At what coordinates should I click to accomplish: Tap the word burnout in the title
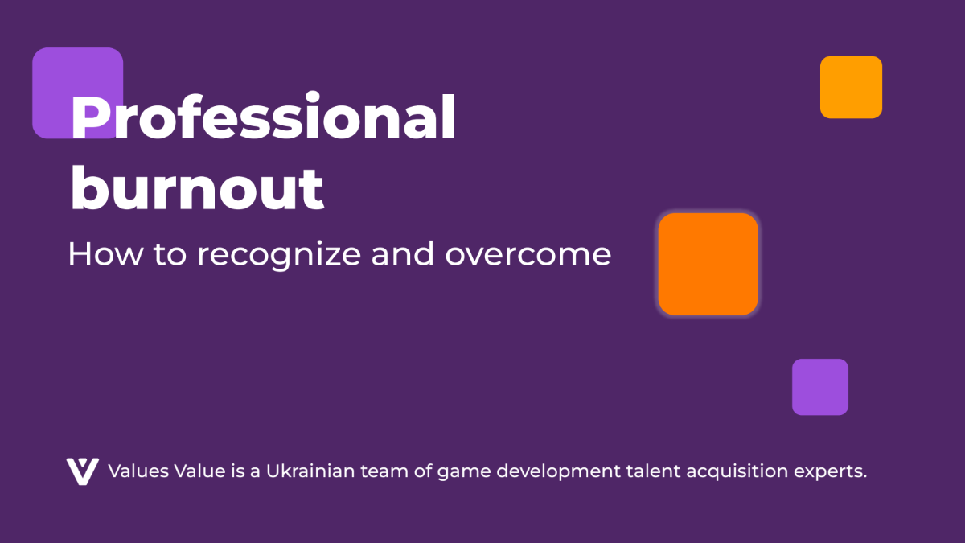pyautogui.click(x=197, y=188)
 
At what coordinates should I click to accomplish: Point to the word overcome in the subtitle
pyautogui.click(x=528, y=255)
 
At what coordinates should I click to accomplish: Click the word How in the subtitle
pyautogui.click(x=105, y=254)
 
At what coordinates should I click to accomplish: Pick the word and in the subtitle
pyautogui.click(x=402, y=253)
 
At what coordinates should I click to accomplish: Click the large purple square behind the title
pyautogui.click(x=77, y=93)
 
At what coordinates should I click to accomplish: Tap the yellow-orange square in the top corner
pyautogui.click(x=851, y=87)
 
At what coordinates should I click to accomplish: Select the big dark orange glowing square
pyautogui.click(x=708, y=264)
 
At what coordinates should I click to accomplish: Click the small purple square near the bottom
pyautogui.click(x=820, y=387)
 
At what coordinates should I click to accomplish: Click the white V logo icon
pyautogui.click(x=83, y=471)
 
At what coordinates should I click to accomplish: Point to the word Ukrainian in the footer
pyautogui.click(x=310, y=471)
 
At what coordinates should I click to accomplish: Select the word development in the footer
pyautogui.click(x=559, y=471)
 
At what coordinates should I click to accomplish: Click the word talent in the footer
pyautogui.click(x=654, y=471)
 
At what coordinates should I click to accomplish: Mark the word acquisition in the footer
pyautogui.click(x=737, y=471)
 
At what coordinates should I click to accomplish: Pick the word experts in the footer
pyautogui.click(x=828, y=472)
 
